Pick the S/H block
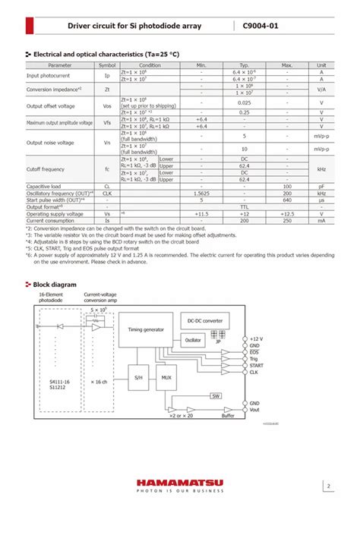click(139, 376)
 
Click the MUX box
click(165, 376)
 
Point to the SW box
click(216, 396)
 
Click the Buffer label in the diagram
click(228, 416)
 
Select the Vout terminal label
click(254, 411)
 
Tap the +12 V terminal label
click(257, 338)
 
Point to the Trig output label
click(254, 358)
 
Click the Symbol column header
click(107, 65)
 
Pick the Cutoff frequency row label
click(46, 169)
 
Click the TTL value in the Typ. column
click(245, 206)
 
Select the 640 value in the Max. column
click(287, 200)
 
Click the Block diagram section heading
click(55, 284)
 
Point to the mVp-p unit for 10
click(321, 150)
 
